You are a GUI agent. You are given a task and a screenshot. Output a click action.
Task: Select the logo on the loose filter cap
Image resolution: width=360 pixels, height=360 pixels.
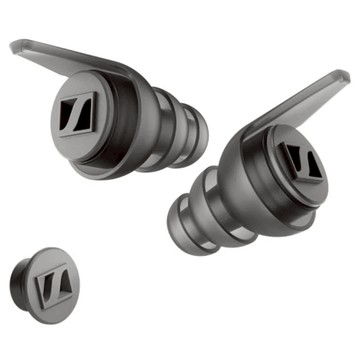click(x=50, y=292)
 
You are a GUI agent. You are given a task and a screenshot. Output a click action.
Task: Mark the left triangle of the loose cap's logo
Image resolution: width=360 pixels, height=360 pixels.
click(x=42, y=291)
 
